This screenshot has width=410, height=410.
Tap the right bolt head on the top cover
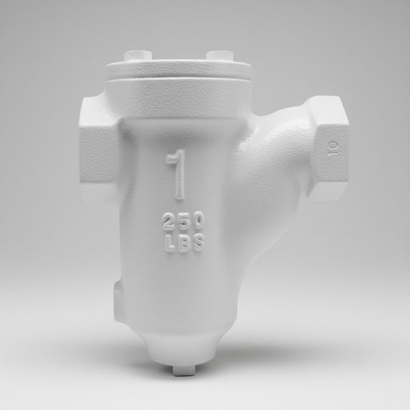tap(220, 55)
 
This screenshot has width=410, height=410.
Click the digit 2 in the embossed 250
tap(169, 221)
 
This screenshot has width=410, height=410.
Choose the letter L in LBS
tap(170, 244)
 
